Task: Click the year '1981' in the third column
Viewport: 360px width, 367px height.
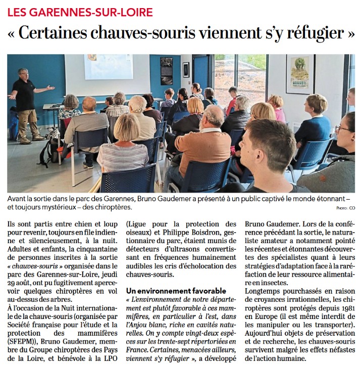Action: [x=343, y=308]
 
